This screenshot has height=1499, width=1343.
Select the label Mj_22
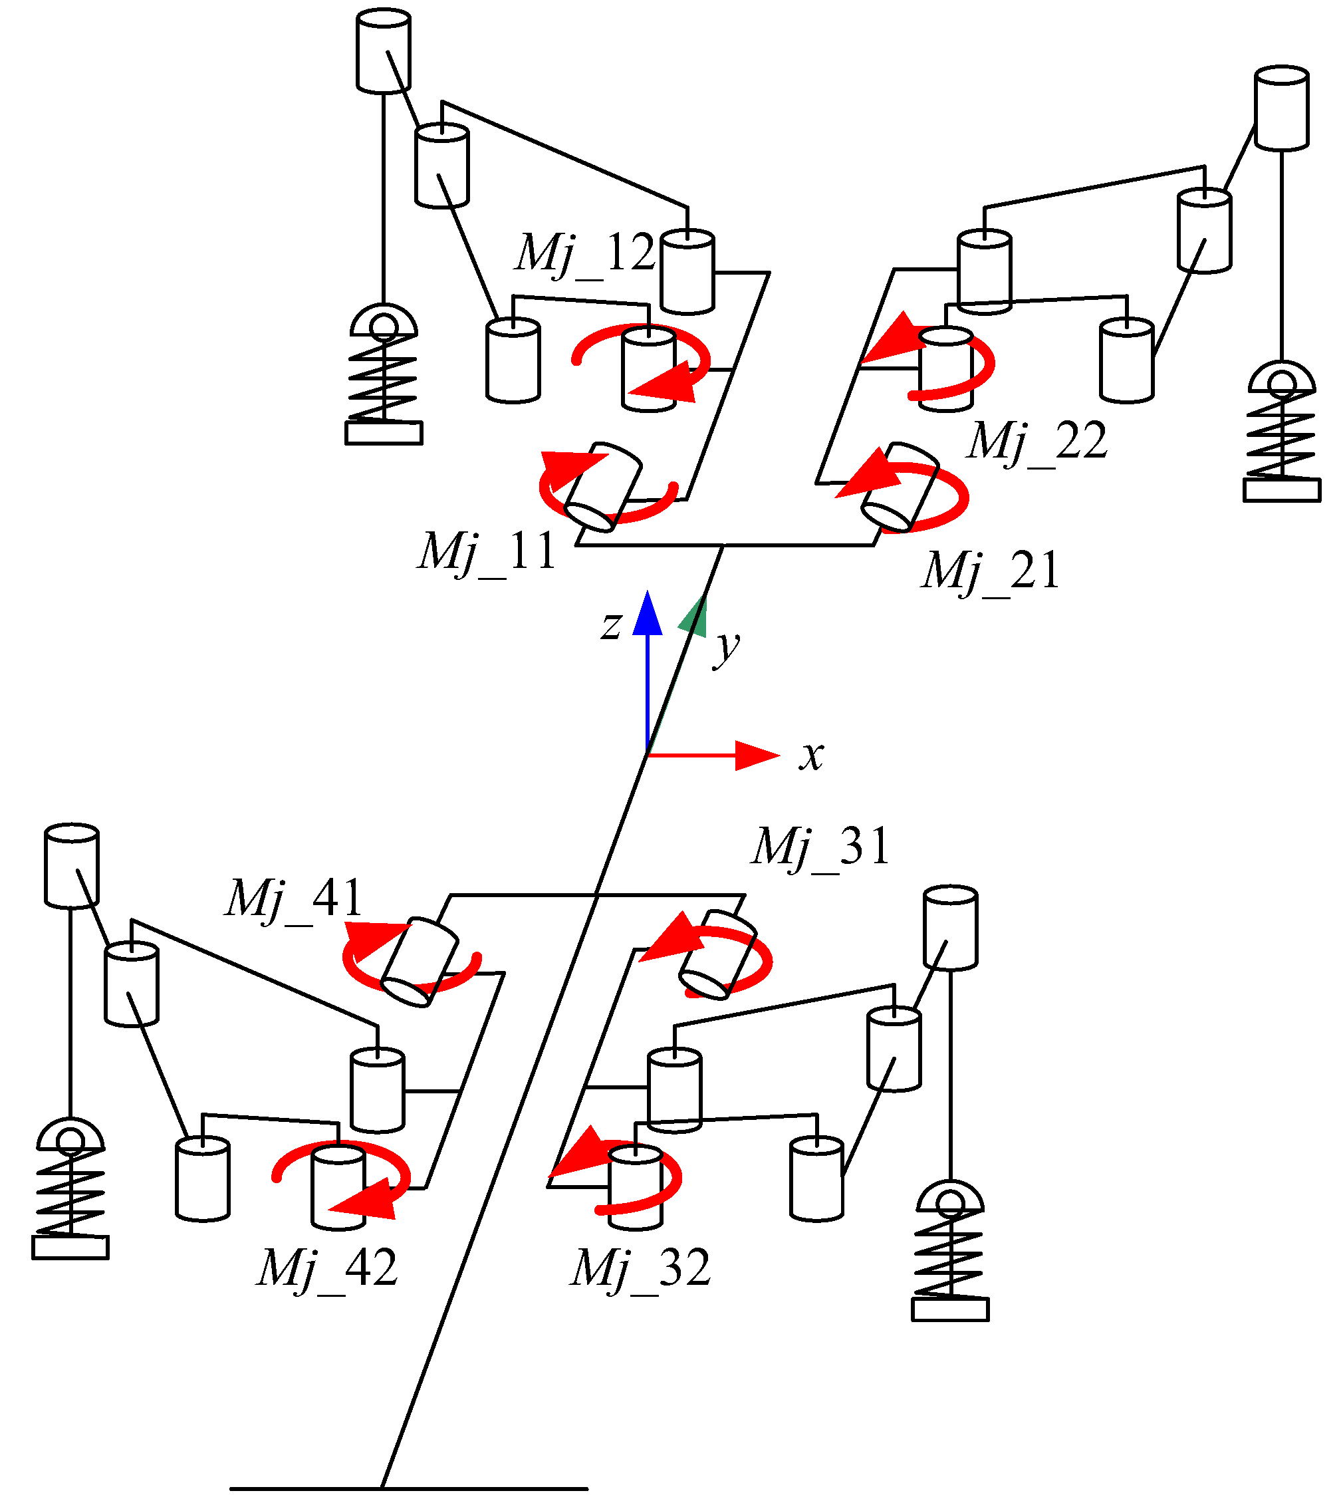point(1037,442)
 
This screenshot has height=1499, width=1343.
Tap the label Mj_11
point(487,552)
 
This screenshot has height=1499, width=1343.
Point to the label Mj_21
point(990,571)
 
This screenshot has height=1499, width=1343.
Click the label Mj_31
point(820,847)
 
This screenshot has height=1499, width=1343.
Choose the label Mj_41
point(294,899)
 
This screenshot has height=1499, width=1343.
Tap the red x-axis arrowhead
point(757,755)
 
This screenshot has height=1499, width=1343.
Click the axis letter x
point(811,755)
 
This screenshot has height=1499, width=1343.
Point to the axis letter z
point(611,626)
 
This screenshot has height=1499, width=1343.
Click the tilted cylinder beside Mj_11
point(603,487)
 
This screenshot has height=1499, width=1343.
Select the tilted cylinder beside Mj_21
point(900,487)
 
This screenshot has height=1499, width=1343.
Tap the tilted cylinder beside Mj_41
point(421,962)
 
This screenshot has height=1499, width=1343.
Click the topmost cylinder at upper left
point(384,50)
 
